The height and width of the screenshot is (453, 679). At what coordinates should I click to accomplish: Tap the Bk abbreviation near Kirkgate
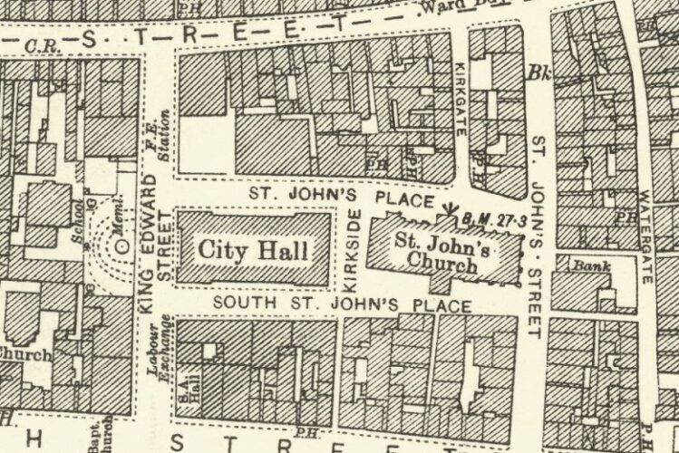point(539,72)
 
